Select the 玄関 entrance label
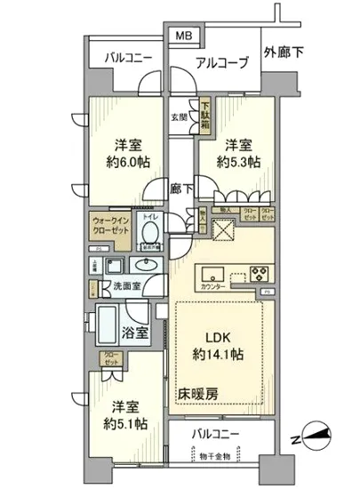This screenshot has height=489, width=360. [x=180, y=116]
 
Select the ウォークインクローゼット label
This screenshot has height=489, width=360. [x=110, y=225]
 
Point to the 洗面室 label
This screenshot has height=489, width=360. [x=127, y=286]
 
